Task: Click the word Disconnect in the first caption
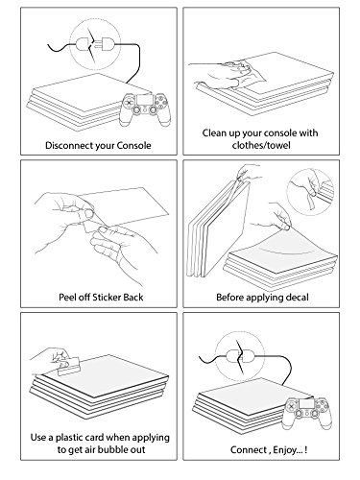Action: [x=65, y=145]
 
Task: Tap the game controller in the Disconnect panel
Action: [x=145, y=108]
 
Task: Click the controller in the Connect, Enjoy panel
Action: [x=307, y=413]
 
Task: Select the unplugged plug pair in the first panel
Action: [x=95, y=44]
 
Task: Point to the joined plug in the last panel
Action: [x=240, y=355]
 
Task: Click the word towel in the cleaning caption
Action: [x=277, y=145]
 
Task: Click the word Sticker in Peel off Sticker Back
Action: [x=107, y=298]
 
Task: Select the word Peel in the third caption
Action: [x=66, y=298]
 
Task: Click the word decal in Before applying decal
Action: [x=298, y=298]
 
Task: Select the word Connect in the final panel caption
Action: [x=249, y=449]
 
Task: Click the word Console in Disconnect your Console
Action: [x=133, y=145]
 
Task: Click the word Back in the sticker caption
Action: [x=133, y=298]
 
